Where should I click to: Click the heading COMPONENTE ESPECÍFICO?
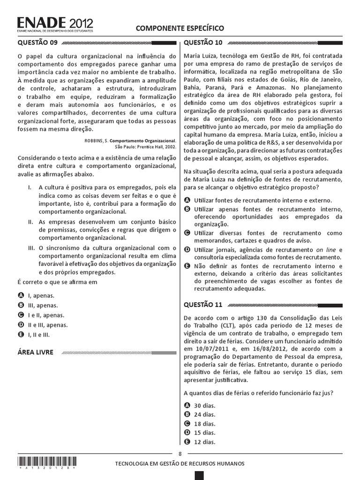coord(180,29)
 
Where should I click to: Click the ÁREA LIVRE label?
coord(35,352)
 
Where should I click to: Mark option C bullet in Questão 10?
coord(187,233)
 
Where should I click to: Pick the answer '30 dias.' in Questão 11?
coord(204,405)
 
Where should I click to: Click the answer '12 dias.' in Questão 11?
coord(204,442)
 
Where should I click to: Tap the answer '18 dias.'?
coord(204,423)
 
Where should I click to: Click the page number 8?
coord(180,453)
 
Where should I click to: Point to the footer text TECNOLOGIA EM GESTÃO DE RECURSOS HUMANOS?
coord(180,464)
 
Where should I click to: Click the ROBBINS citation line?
coord(130,140)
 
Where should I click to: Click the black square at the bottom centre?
coord(199,476)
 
